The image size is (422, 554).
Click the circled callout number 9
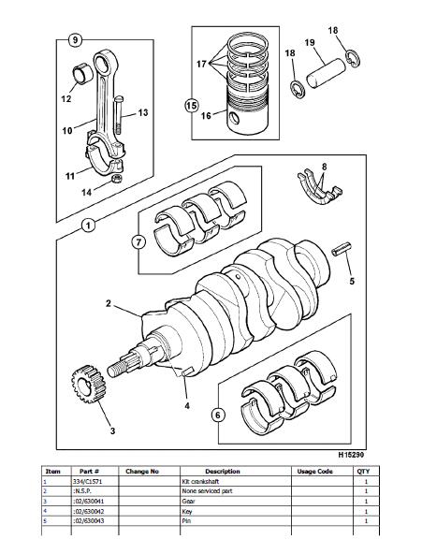pos(75,39)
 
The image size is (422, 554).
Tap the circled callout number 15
pos(192,106)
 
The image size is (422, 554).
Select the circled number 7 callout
pos(138,242)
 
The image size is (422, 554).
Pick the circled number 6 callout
pos(217,415)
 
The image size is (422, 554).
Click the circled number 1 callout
pos(88,225)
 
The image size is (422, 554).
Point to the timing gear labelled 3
pos(88,384)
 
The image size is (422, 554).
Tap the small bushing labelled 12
pos(82,74)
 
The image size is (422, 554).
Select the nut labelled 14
pos(117,178)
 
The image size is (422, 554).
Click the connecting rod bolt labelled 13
pos(119,115)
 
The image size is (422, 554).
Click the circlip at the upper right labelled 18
pos(353,58)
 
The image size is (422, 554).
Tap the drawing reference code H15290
pos(351,455)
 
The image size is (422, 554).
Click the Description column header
pos(223,472)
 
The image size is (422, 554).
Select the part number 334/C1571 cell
pos(88,481)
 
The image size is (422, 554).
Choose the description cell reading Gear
pos(189,501)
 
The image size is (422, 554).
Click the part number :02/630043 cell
pos(89,521)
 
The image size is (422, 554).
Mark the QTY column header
pos(363,472)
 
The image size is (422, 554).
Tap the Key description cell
pos(187,511)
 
